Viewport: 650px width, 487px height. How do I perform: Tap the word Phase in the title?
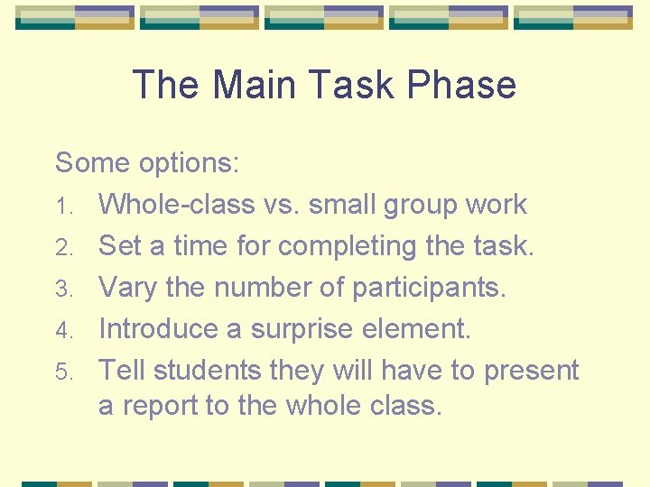coord(462,86)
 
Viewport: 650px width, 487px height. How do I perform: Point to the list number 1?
coord(61,207)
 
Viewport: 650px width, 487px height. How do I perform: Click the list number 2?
coord(61,247)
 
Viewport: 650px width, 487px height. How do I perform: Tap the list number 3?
coord(61,289)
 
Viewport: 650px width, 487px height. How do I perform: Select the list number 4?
coord(61,330)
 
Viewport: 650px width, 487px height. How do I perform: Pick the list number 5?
coord(61,372)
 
